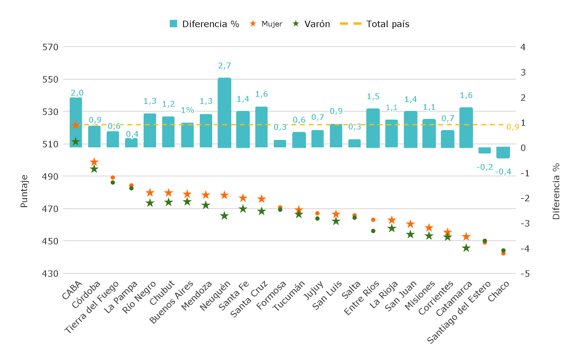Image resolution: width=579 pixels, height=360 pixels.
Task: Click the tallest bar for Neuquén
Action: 224,113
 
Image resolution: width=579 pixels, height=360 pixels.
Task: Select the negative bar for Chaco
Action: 503,152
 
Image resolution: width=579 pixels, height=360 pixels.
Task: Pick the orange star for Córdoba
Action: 94,162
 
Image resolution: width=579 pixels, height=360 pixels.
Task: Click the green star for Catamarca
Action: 466,248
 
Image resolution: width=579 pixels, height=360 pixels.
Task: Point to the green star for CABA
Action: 75,141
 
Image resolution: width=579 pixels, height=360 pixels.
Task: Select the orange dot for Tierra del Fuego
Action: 113,178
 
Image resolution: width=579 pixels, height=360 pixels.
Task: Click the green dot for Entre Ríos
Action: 373,231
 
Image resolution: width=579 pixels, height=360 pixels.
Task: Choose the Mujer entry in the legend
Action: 266,24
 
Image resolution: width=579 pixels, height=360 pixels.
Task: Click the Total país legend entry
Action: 375,24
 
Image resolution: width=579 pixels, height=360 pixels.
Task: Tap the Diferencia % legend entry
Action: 204,24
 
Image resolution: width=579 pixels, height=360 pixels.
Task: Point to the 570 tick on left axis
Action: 50,47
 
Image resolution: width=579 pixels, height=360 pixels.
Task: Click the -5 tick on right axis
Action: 525,274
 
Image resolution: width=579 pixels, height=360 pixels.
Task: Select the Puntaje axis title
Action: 24,191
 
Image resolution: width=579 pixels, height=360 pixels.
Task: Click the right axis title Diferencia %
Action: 556,191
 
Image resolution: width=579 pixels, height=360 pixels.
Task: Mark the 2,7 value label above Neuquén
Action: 224,66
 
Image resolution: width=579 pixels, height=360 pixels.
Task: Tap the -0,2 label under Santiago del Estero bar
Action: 485,167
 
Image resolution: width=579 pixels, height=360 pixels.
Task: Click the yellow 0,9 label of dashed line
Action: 512,127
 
